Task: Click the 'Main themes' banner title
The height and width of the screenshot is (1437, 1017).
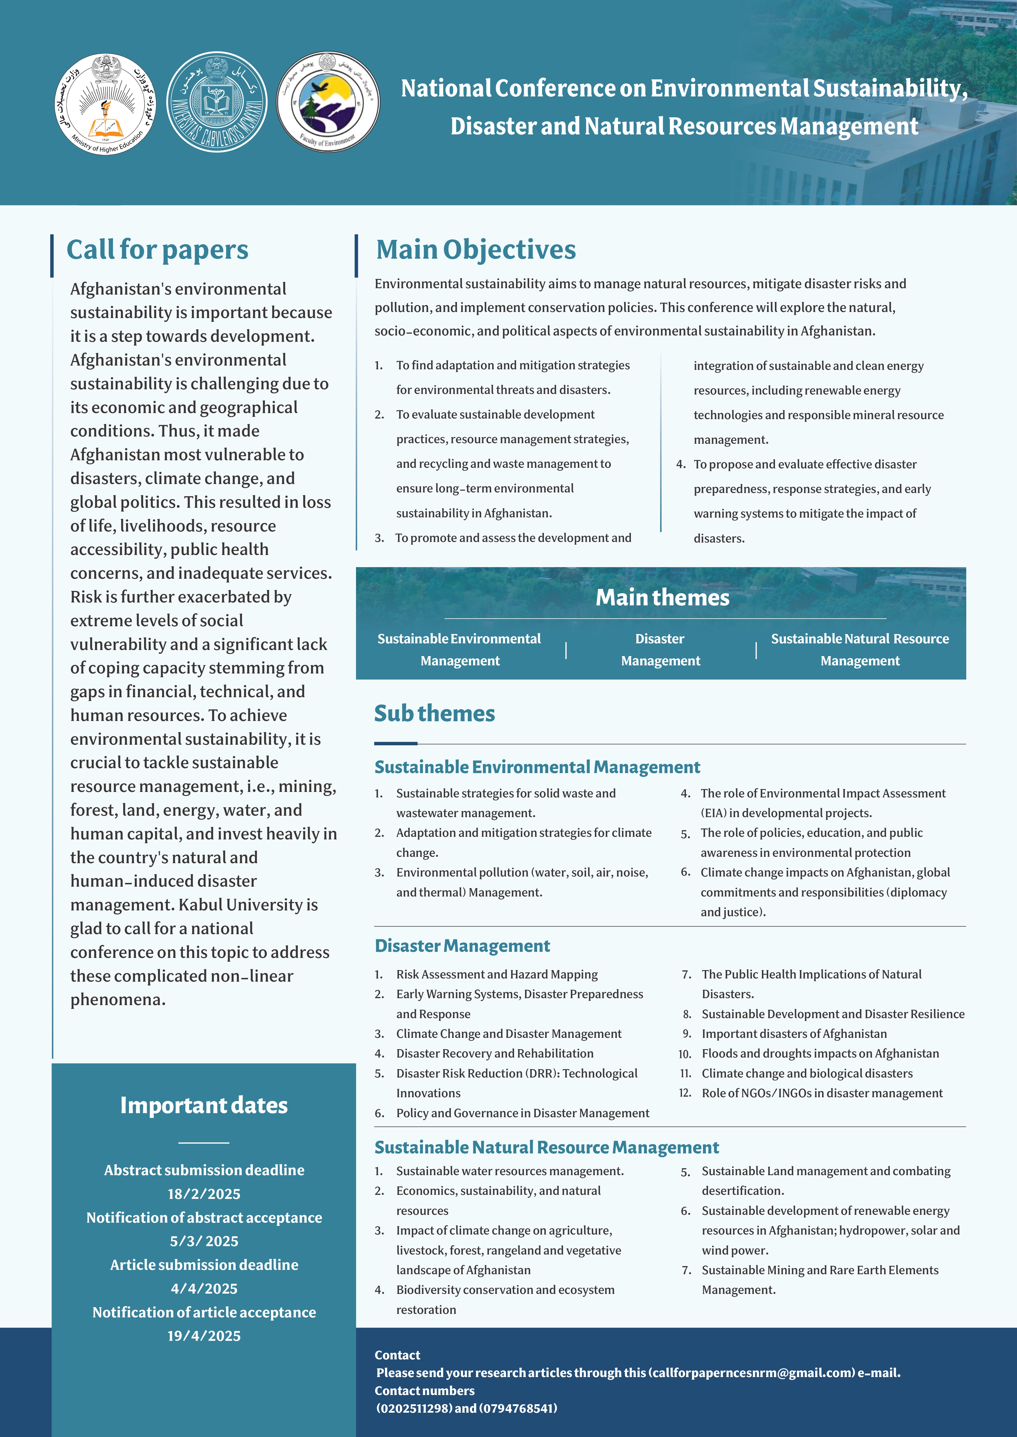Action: pos(662,598)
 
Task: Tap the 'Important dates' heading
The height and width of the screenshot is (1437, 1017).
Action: pos(204,1105)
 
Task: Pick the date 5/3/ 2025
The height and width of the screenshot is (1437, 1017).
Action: pos(204,1241)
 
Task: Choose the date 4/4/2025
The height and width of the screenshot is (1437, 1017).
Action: pos(204,1289)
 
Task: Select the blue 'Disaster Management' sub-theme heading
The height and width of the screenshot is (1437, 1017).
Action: pos(462,946)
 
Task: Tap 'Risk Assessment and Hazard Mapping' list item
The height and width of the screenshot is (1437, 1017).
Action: pos(497,974)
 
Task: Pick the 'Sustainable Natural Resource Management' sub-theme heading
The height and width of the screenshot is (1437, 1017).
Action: pos(546,1147)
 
